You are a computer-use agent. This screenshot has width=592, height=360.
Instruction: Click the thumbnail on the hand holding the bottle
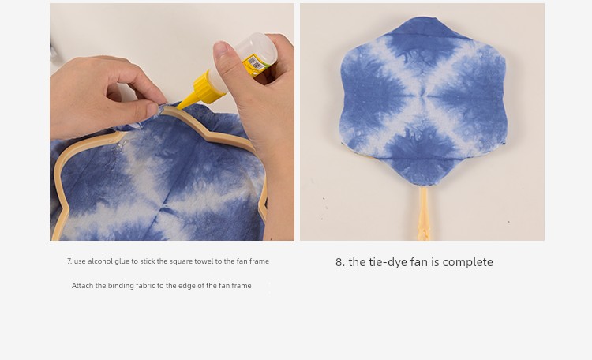pos(221,50)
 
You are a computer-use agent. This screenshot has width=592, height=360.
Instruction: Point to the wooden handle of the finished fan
pos(423,213)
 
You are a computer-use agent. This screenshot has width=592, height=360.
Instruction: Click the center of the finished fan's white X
pos(423,96)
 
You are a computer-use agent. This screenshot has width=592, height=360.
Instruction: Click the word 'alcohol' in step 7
pos(99,261)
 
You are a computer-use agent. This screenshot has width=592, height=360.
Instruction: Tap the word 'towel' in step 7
pos(204,261)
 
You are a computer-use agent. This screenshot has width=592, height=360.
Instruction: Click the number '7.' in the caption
pos(69,261)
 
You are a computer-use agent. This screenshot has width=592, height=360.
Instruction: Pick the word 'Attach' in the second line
pos(82,286)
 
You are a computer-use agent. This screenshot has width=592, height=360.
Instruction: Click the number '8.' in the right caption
pos(340,262)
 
